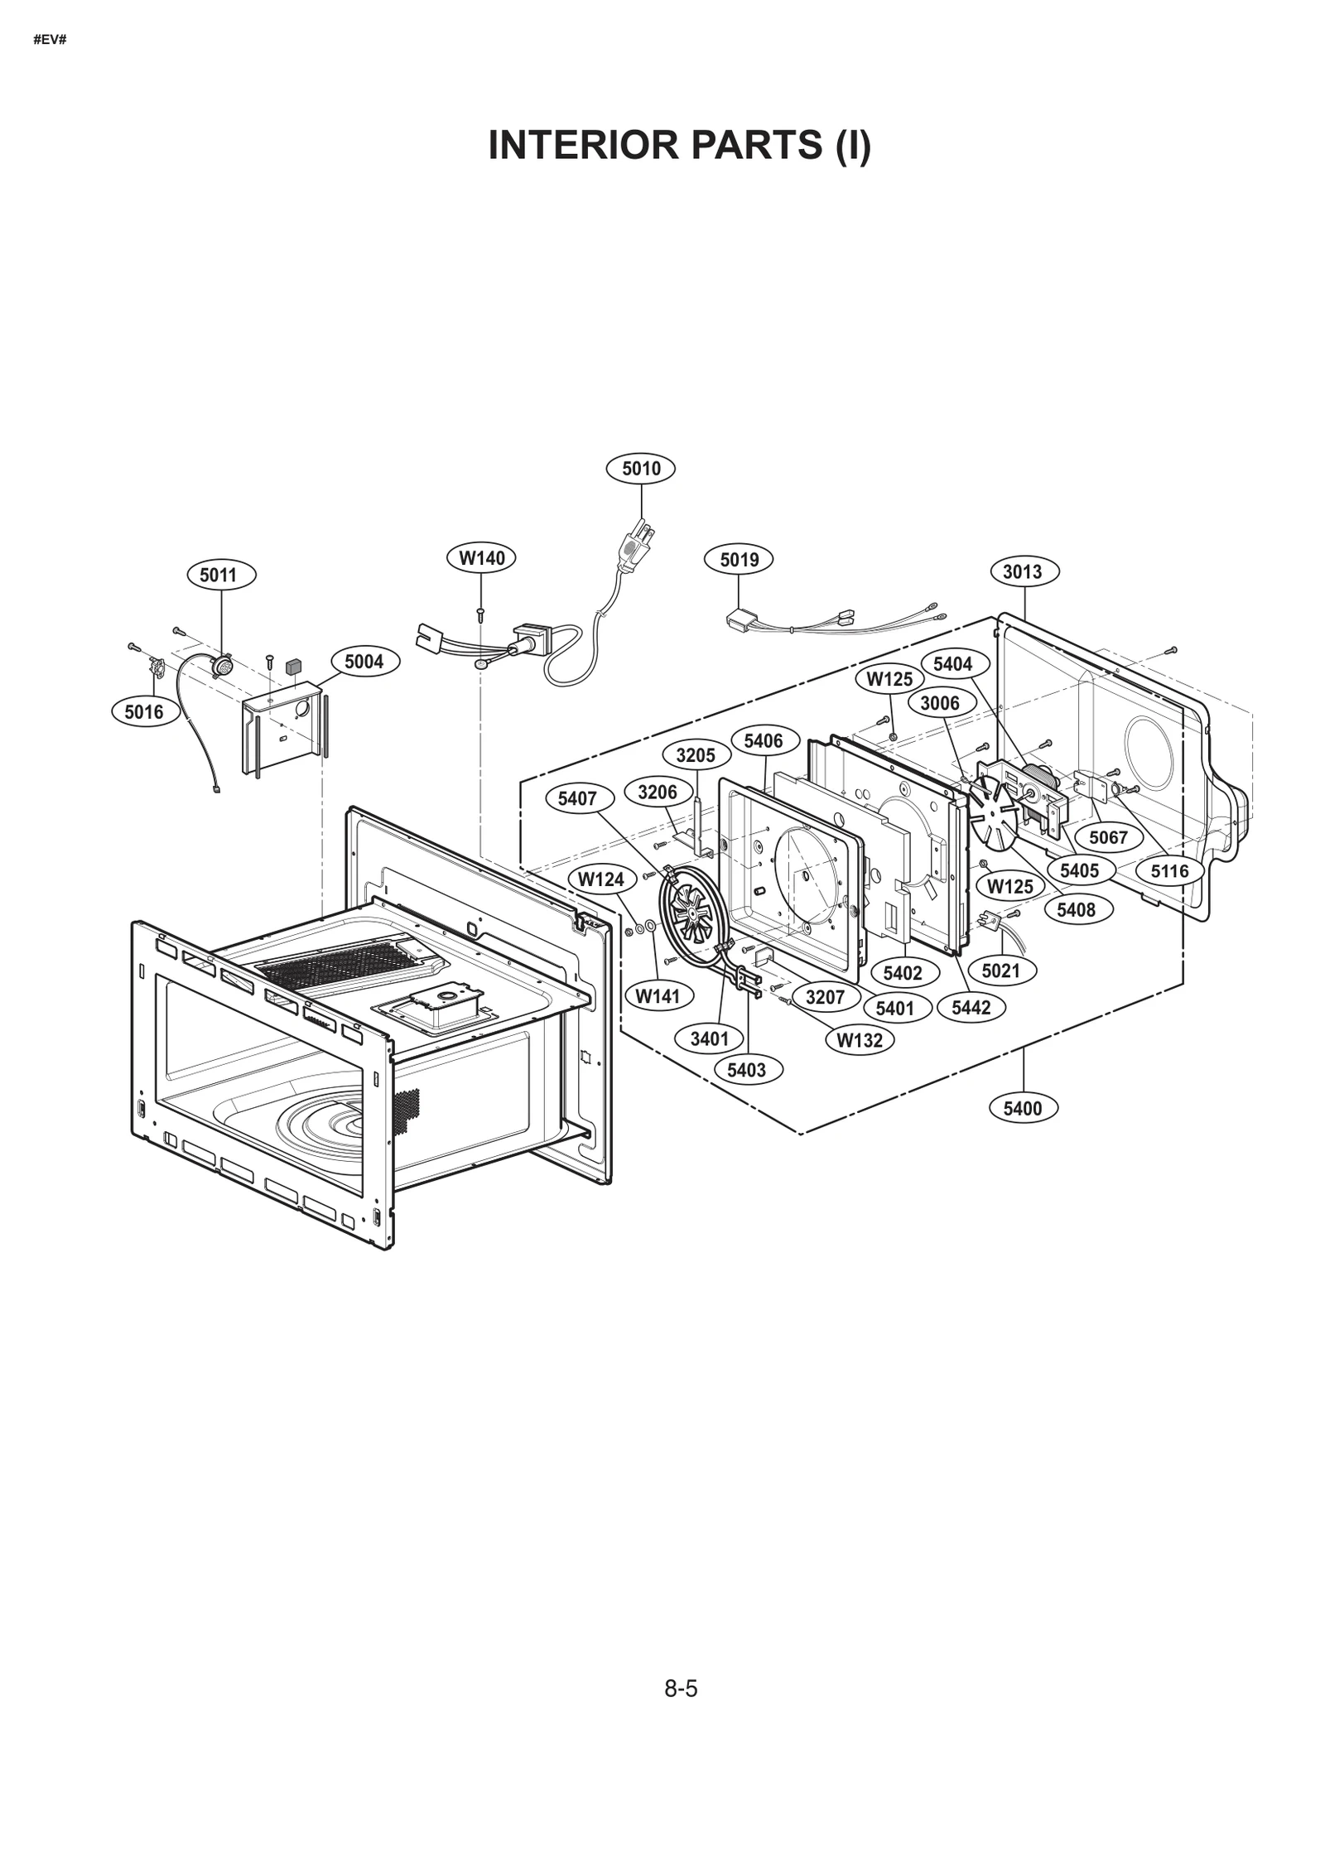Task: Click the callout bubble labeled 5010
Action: pos(640,469)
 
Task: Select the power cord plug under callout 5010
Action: pos(636,550)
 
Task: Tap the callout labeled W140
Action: pos(482,558)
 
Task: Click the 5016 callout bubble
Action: pos(144,711)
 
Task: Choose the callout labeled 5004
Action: pos(364,662)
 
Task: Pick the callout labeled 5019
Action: pos(739,560)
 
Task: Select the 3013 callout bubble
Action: pos(1023,571)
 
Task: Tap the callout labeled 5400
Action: pos(1023,1109)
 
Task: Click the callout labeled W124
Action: pos(601,879)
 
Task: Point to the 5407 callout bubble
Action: pos(577,799)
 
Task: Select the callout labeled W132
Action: pos(860,1040)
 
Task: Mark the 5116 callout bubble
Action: pos(1169,870)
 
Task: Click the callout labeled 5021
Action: pos(1000,970)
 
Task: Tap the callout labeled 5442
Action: pos(971,1008)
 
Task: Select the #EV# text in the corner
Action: pos(50,40)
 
